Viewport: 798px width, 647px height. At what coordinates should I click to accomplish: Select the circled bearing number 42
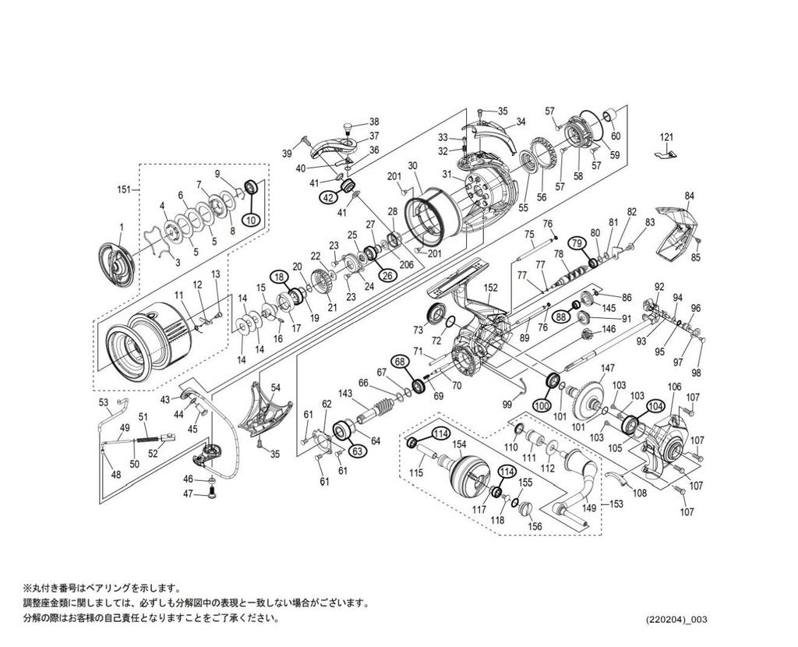(327, 198)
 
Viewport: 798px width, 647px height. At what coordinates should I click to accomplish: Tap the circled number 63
(358, 451)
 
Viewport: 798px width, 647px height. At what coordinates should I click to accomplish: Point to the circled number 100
(542, 405)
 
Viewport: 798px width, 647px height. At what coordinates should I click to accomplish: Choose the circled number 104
(655, 406)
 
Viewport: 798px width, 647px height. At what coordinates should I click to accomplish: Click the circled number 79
(577, 242)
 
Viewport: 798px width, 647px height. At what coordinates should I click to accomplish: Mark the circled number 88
(561, 316)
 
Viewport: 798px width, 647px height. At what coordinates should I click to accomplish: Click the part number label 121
(666, 137)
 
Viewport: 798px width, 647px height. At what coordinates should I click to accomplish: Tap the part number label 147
(608, 368)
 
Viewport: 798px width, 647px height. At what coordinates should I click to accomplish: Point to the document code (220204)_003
(676, 620)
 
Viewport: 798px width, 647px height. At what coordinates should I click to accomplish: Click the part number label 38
(374, 122)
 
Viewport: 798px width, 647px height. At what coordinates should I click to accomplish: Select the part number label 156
(535, 526)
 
